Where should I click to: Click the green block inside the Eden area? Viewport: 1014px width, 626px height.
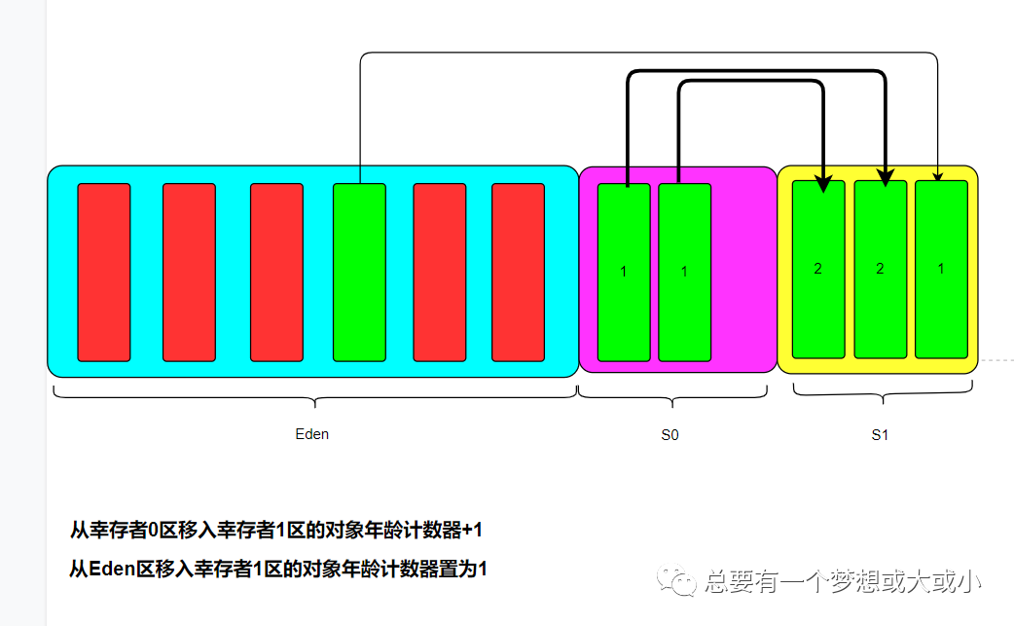pos(359,272)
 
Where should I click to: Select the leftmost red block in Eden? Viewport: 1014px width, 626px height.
pos(104,272)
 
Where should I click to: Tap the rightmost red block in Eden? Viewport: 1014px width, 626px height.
pos(518,272)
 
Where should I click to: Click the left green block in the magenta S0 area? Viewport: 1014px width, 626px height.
pos(624,272)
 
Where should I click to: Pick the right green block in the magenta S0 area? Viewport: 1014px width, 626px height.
pos(684,272)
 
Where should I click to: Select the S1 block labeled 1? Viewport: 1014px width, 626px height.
pos(941,269)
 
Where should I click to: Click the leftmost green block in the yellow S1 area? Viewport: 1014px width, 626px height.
pos(818,269)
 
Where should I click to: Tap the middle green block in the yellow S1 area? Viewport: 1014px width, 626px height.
pos(880,269)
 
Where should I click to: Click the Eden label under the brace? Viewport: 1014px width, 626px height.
pos(312,434)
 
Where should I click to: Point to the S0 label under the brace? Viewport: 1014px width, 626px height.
pos(670,435)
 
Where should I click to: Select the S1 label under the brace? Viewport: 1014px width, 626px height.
pos(880,435)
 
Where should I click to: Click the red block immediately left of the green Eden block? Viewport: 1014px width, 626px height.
pos(276,272)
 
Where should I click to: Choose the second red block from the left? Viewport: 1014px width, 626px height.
pos(189,272)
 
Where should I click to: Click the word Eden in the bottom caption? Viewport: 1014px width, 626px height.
pos(110,570)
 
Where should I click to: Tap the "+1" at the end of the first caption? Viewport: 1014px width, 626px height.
pos(472,531)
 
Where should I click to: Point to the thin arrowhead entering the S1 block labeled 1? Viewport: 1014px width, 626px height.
pos(937,176)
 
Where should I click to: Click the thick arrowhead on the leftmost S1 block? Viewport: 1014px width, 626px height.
pos(823,181)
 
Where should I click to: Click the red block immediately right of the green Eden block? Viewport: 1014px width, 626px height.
pos(440,272)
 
